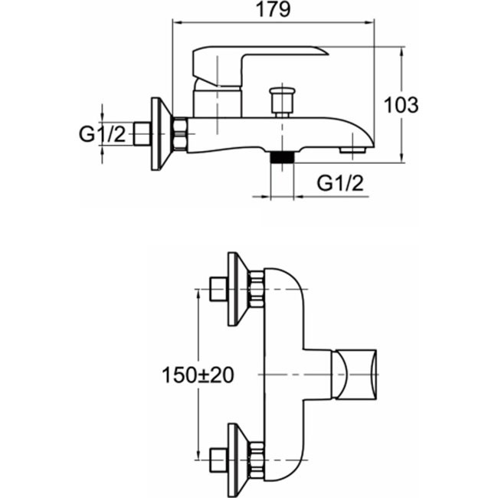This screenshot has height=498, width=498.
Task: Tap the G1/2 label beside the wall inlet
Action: pos(103,135)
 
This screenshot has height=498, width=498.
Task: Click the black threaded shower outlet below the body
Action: pos(283,157)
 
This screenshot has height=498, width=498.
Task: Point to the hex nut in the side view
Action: pos(181,134)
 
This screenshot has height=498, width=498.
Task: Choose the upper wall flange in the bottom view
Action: pos(238,288)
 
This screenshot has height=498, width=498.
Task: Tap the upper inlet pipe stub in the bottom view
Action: pos(217,290)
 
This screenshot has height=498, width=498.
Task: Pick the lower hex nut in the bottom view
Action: pos(257,459)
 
